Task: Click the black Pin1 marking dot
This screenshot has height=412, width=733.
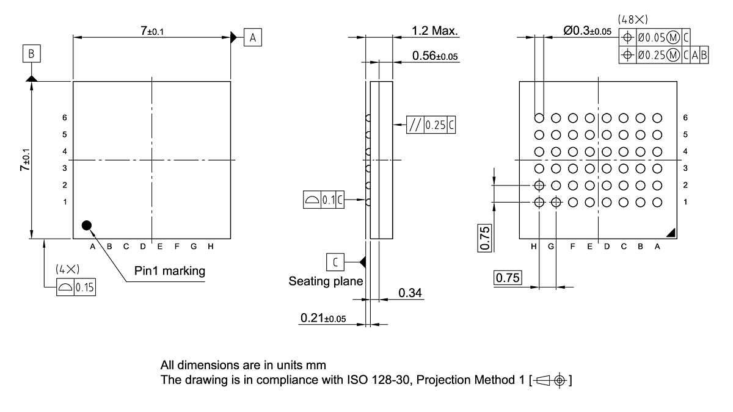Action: point(87,225)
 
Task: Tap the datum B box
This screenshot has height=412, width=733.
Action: point(32,54)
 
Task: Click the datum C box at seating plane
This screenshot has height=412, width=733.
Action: point(335,262)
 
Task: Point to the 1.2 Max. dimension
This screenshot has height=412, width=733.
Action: point(435,31)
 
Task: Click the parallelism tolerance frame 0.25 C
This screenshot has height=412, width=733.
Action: point(431,125)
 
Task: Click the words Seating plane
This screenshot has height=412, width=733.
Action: point(326,281)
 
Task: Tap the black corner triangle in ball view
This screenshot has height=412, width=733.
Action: point(670,232)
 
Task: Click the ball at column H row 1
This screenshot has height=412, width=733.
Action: point(539,202)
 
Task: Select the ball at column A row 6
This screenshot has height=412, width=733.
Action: point(657,118)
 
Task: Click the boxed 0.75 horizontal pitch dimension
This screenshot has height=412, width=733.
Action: point(507,278)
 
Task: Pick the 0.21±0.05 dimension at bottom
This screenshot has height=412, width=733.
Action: point(323,319)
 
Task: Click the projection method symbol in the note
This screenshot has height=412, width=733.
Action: point(552,381)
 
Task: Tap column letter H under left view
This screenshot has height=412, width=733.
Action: point(210,247)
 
